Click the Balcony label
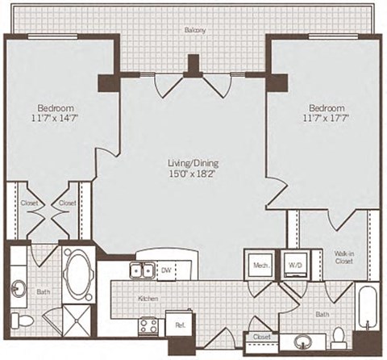[193, 30]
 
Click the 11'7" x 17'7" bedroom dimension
[327, 118]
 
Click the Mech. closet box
[259, 264]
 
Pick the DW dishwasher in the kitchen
[166, 271]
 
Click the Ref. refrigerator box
[179, 325]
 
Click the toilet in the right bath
[339, 335]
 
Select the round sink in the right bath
[306, 340]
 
